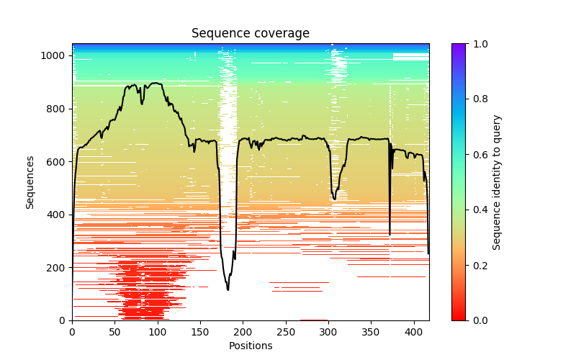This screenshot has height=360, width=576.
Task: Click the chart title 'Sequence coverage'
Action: click(x=251, y=34)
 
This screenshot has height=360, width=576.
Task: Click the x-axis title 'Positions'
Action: click(x=251, y=346)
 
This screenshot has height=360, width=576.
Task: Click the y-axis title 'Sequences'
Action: click(x=30, y=181)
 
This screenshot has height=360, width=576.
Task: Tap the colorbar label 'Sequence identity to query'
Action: click(x=497, y=182)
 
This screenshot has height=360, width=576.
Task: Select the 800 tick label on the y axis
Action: click(x=57, y=109)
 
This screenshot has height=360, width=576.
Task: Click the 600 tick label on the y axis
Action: click(x=57, y=162)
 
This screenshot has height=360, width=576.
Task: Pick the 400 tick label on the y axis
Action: click(x=57, y=215)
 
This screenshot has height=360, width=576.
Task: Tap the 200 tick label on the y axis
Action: click(x=57, y=268)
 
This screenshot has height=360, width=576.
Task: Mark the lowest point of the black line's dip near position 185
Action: click(x=228, y=289)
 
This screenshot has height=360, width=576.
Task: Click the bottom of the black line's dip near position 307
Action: click(x=334, y=199)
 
